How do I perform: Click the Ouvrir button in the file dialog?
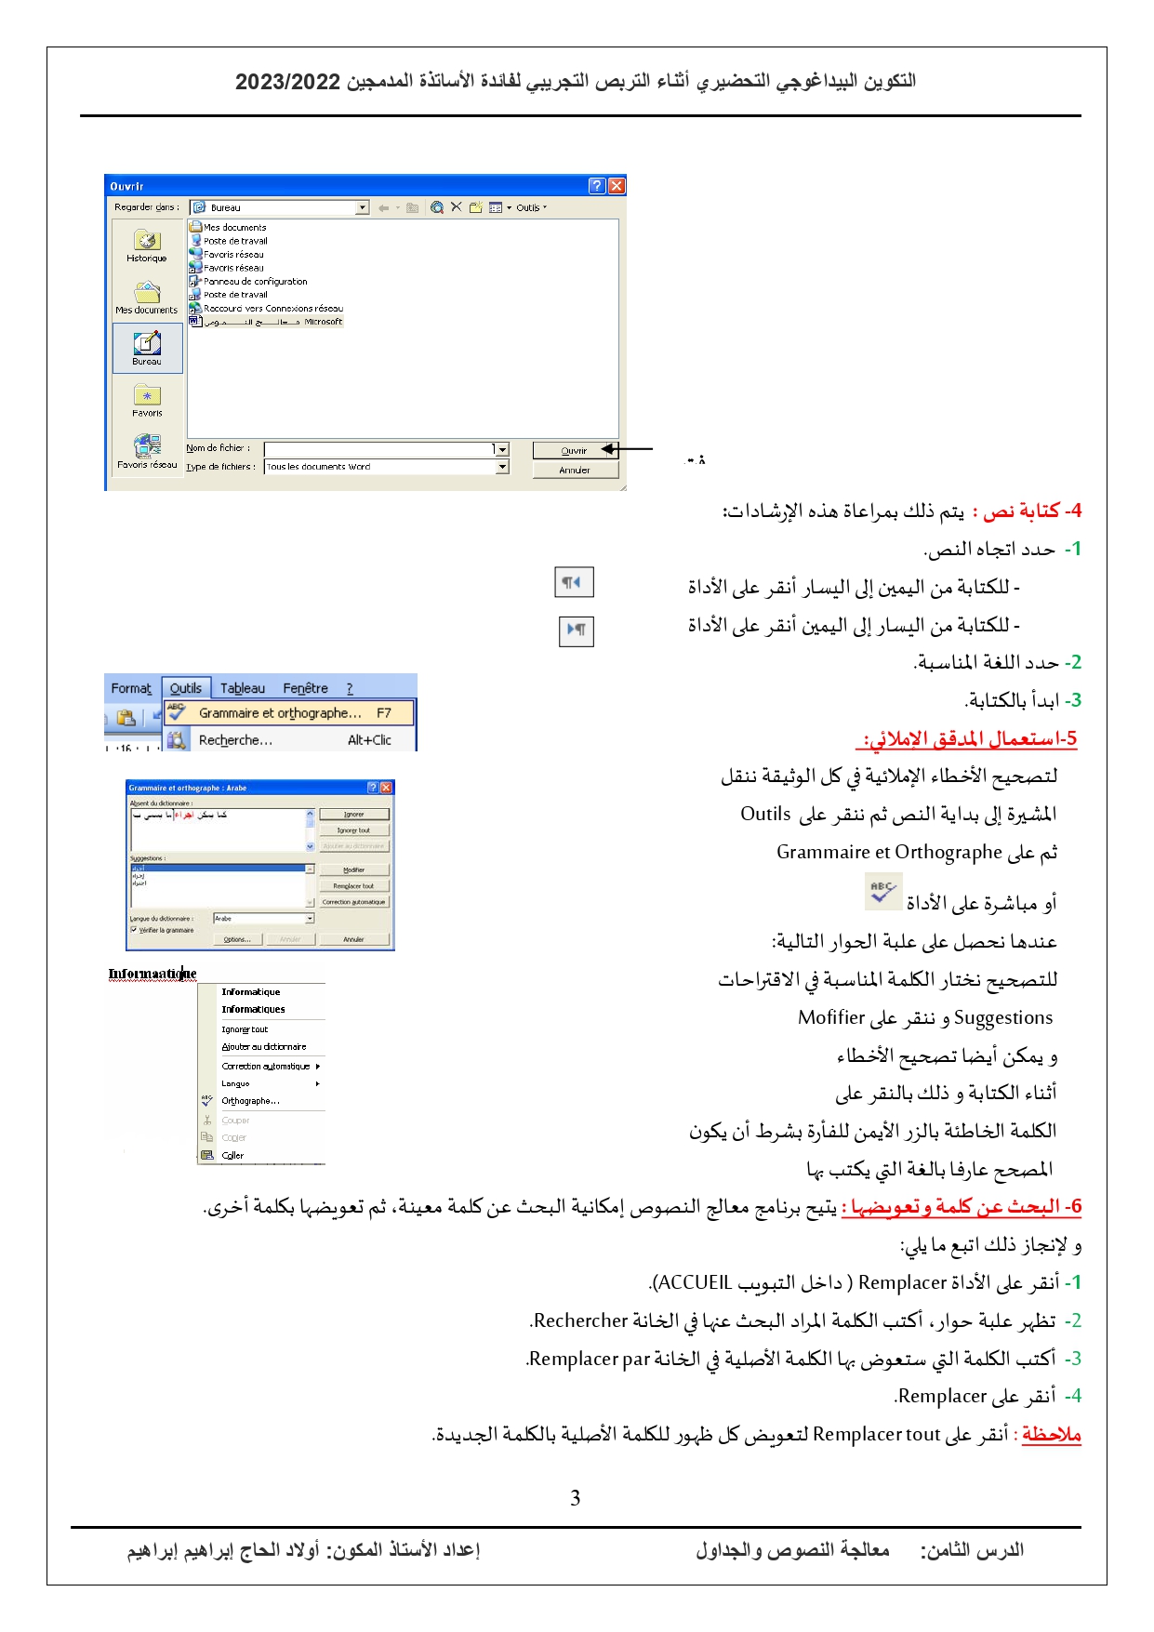(573, 451)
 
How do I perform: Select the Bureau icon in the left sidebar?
(147, 348)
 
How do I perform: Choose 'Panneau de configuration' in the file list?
(255, 281)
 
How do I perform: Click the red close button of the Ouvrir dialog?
(617, 186)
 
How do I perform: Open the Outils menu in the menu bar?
(186, 688)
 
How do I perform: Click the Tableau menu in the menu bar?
(243, 688)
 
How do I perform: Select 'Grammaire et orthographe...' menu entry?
(280, 713)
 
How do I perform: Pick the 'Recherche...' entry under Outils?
(235, 740)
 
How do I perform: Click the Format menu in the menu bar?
(130, 688)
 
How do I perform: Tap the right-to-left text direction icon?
(573, 582)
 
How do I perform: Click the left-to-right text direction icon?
(577, 630)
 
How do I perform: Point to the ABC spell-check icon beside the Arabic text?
(882, 892)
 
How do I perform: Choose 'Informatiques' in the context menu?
(253, 1009)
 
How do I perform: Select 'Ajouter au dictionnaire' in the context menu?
(263, 1047)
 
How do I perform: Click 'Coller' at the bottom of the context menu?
(232, 1156)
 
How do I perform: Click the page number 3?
(576, 1498)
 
